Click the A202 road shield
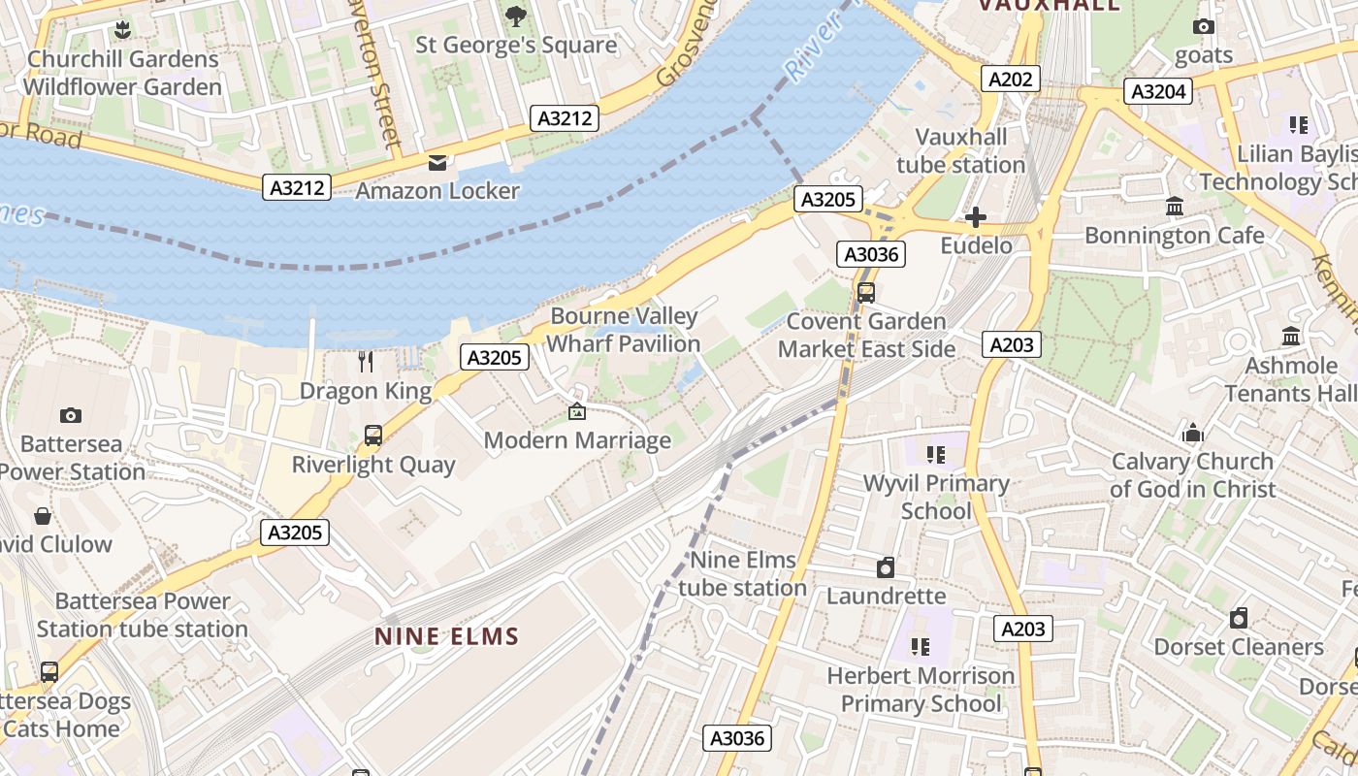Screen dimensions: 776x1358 pyautogui.click(x=1010, y=79)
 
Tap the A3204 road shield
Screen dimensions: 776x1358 pyautogui.click(x=1158, y=91)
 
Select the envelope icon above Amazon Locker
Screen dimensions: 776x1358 pyautogui.click(x=437, y=162)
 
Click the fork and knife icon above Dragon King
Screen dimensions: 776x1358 pyautogui.click(x=366, y=362)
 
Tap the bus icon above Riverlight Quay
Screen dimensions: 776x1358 pyautogui.click(x=373, y=436)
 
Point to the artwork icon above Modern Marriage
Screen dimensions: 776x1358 pyautogui.click(x=577, y=411)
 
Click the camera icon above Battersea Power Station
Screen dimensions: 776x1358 pyautogui.click(x=71, y=415)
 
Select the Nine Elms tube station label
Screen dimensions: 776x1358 pyautogui.click(x=742, y=573)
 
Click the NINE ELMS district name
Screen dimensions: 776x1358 pyautogui.click(x=447, y=636)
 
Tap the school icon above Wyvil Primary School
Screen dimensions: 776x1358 pyautogui.click(x=936, y=454)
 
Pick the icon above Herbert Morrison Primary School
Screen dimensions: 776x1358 pyautogui.click(x=921, y=646)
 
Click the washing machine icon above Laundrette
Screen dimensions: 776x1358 pyautogui.click(x=886, y=567)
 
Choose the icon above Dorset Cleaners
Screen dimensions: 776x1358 pyautogui.click(x=1239, y=618)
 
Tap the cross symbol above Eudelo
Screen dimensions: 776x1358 pyautogui.click(x=976, y=217)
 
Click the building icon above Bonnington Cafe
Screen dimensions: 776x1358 pyautogui.click(x=1175, y=206)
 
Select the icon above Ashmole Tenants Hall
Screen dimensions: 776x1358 pyautogui.click(x=1291, y=337)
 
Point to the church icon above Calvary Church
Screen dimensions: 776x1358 pyautogui.click(x=1192, y=433)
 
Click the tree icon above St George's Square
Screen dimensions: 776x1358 pyautogui.click(x=516, y=16)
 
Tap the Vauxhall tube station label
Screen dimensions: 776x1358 pyautogui.click(x=960, y=150)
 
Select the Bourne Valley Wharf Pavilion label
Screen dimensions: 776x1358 pyautogui.click(x=624, y=330)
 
